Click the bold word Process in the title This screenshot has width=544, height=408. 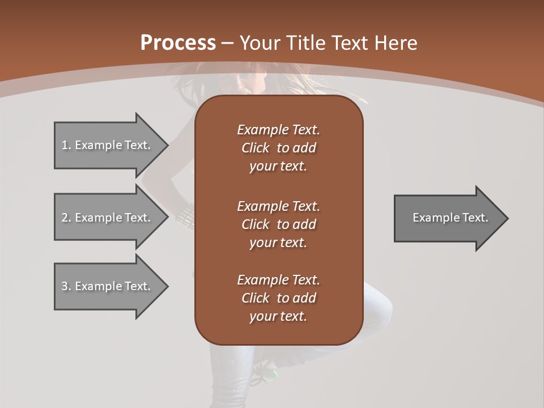pos(178,43)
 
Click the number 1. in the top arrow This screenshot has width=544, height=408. pos(66,145)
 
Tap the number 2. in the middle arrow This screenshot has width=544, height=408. pos(66,218)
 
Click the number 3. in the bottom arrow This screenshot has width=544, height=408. pos(66,286)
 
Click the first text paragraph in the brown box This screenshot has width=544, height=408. pos(278,148)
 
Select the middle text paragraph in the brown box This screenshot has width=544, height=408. pos(278,224)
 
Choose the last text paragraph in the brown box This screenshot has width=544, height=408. pos(278,298)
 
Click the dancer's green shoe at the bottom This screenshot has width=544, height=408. pos(271,374)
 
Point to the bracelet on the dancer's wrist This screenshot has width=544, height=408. pos(185,216)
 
